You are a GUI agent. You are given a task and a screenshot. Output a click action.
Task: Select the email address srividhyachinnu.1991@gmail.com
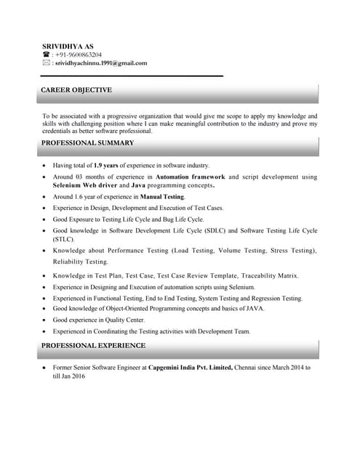[x=100, y=63]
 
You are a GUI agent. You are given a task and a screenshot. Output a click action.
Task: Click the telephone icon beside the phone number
[x=46, y=54]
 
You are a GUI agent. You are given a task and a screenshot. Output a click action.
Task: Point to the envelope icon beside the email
[x=46, y=63]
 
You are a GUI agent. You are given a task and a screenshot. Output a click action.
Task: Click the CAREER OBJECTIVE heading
[x=76, y=90]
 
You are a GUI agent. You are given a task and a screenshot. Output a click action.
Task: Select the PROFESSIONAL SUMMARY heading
[x=87, y=143]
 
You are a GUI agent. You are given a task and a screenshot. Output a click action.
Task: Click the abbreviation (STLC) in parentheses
[x=63, y=239]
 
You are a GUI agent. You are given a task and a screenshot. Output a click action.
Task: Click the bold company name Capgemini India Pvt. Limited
[x=191, y=368]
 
